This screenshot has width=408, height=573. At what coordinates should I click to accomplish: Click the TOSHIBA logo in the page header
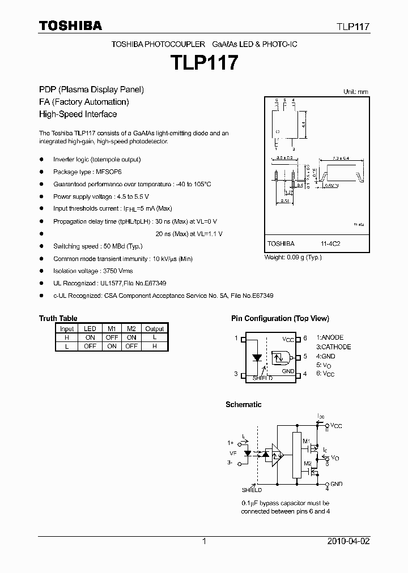tap(70, 25)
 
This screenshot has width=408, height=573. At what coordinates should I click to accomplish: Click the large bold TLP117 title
tap(204, 62)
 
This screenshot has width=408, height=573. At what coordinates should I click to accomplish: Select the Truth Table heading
tap(58, 318)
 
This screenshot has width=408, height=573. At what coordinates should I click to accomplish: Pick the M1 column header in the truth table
tap(112, 328)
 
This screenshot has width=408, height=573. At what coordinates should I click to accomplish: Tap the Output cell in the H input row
tap(154, 337)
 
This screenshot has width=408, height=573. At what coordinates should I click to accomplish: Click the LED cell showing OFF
tap(90, 346)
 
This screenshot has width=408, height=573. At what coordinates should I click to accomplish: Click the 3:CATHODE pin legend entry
tap(334, 347)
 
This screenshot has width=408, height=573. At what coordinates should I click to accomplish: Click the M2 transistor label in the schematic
tap(307, 463)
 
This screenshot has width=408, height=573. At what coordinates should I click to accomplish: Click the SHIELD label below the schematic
tap(252, 490)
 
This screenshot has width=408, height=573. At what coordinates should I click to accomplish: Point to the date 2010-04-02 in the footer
tap(348, 541)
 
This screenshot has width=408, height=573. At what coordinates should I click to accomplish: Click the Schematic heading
tap(243, 404)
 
